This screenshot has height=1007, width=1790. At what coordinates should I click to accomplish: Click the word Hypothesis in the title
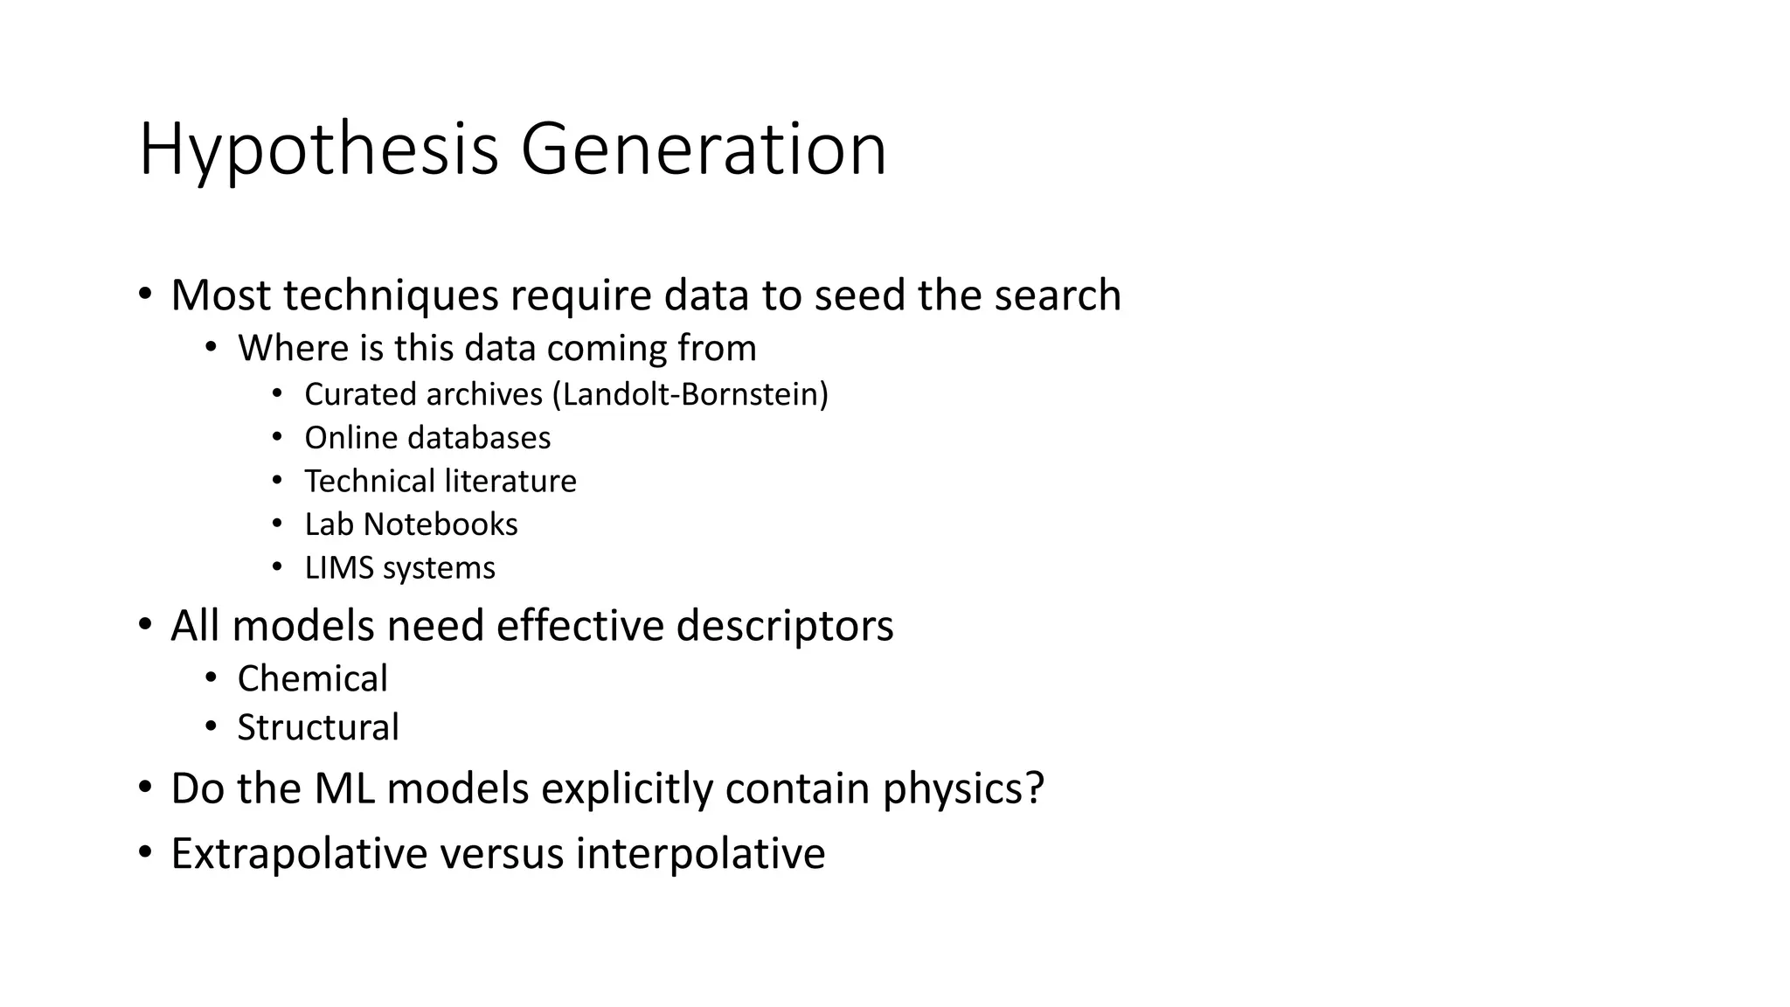point(319,150)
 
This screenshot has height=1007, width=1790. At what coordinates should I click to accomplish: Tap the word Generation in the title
point(704,150)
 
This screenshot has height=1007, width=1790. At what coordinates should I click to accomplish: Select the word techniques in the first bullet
point(391,295)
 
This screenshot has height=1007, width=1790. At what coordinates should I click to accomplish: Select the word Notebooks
point(441,524)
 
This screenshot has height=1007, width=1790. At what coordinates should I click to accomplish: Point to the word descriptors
point(785,627)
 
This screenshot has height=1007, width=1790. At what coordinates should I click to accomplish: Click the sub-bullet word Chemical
point(312,679)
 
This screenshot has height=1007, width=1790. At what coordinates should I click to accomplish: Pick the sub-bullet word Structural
point(318,727)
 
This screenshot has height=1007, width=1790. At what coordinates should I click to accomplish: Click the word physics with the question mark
point(962,788)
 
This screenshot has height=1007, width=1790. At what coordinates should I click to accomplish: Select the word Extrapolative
point(299,854)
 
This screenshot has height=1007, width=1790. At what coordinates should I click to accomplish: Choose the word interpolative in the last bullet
point(700,854)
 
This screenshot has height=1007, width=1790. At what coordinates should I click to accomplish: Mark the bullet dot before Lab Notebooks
point(277,524)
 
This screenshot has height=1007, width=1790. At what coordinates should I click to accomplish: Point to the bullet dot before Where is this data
point(211,347)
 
